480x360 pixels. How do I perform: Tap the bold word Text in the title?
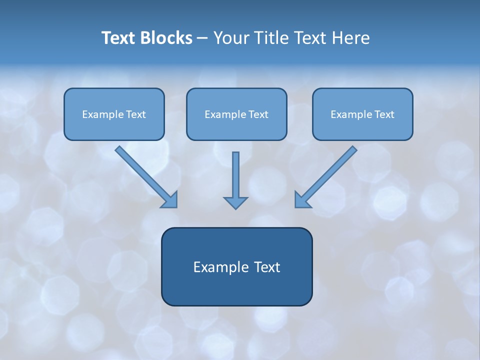pos(120,38)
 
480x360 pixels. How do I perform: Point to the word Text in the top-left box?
pos(136,114)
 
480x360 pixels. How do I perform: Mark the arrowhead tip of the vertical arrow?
pos(235,207)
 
